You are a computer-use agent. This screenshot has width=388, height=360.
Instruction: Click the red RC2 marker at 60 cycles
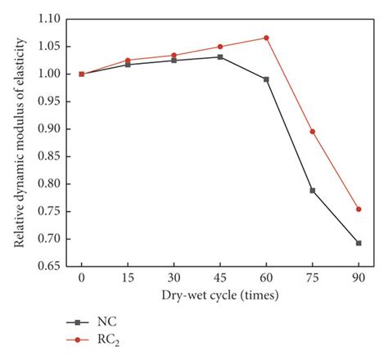tap(266, 38)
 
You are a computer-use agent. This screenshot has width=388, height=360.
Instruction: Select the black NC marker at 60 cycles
tap(266, 79)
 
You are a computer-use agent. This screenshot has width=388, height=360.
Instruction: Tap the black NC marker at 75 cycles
tap(312, 191)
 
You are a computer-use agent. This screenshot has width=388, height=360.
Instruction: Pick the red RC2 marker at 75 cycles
tap(312, 132)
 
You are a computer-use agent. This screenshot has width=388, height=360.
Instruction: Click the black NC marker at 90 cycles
tap(359, 243)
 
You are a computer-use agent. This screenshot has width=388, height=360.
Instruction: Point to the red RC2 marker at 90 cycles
tap(359, 209)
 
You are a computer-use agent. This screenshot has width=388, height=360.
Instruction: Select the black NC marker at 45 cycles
tap(219, 56)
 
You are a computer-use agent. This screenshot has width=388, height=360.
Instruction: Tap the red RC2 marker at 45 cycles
tap(219, 47)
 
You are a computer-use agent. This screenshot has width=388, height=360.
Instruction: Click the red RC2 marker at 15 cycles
tap(128, 60)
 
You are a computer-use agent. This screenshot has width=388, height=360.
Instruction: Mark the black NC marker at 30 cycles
tap(174, 61)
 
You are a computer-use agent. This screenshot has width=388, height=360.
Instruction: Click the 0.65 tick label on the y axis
tap(49, 266)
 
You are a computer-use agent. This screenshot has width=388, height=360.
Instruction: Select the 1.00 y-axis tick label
tap(49, 74)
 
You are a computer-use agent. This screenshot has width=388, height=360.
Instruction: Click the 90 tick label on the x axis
tap(359, 278)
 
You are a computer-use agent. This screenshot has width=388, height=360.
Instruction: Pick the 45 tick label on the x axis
tap(219, 278)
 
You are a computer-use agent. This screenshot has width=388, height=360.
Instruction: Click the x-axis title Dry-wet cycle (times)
tap(219, 295)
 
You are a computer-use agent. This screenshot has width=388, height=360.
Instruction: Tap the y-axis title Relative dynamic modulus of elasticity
tap(18, 142)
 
